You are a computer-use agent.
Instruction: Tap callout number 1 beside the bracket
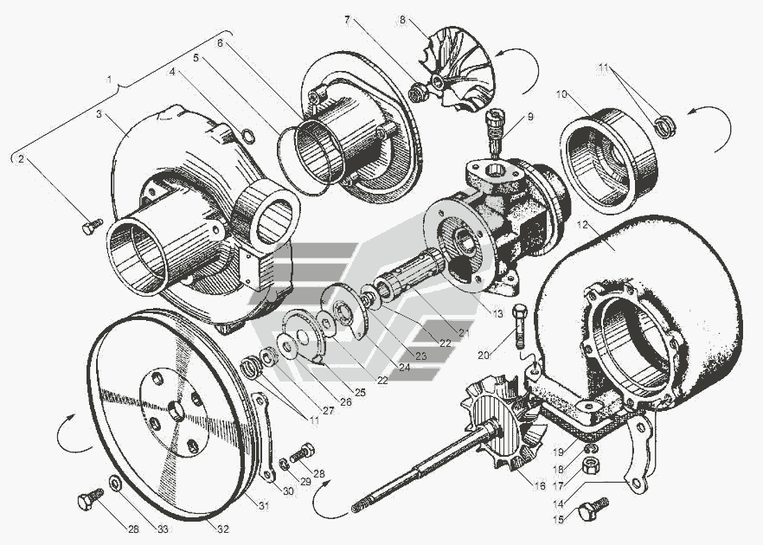tap(110, 78)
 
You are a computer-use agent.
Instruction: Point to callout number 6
tap(220, 42)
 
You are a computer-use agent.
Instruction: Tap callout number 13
tap(496, 312)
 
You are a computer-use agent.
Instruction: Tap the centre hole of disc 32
tap(176, 410)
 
